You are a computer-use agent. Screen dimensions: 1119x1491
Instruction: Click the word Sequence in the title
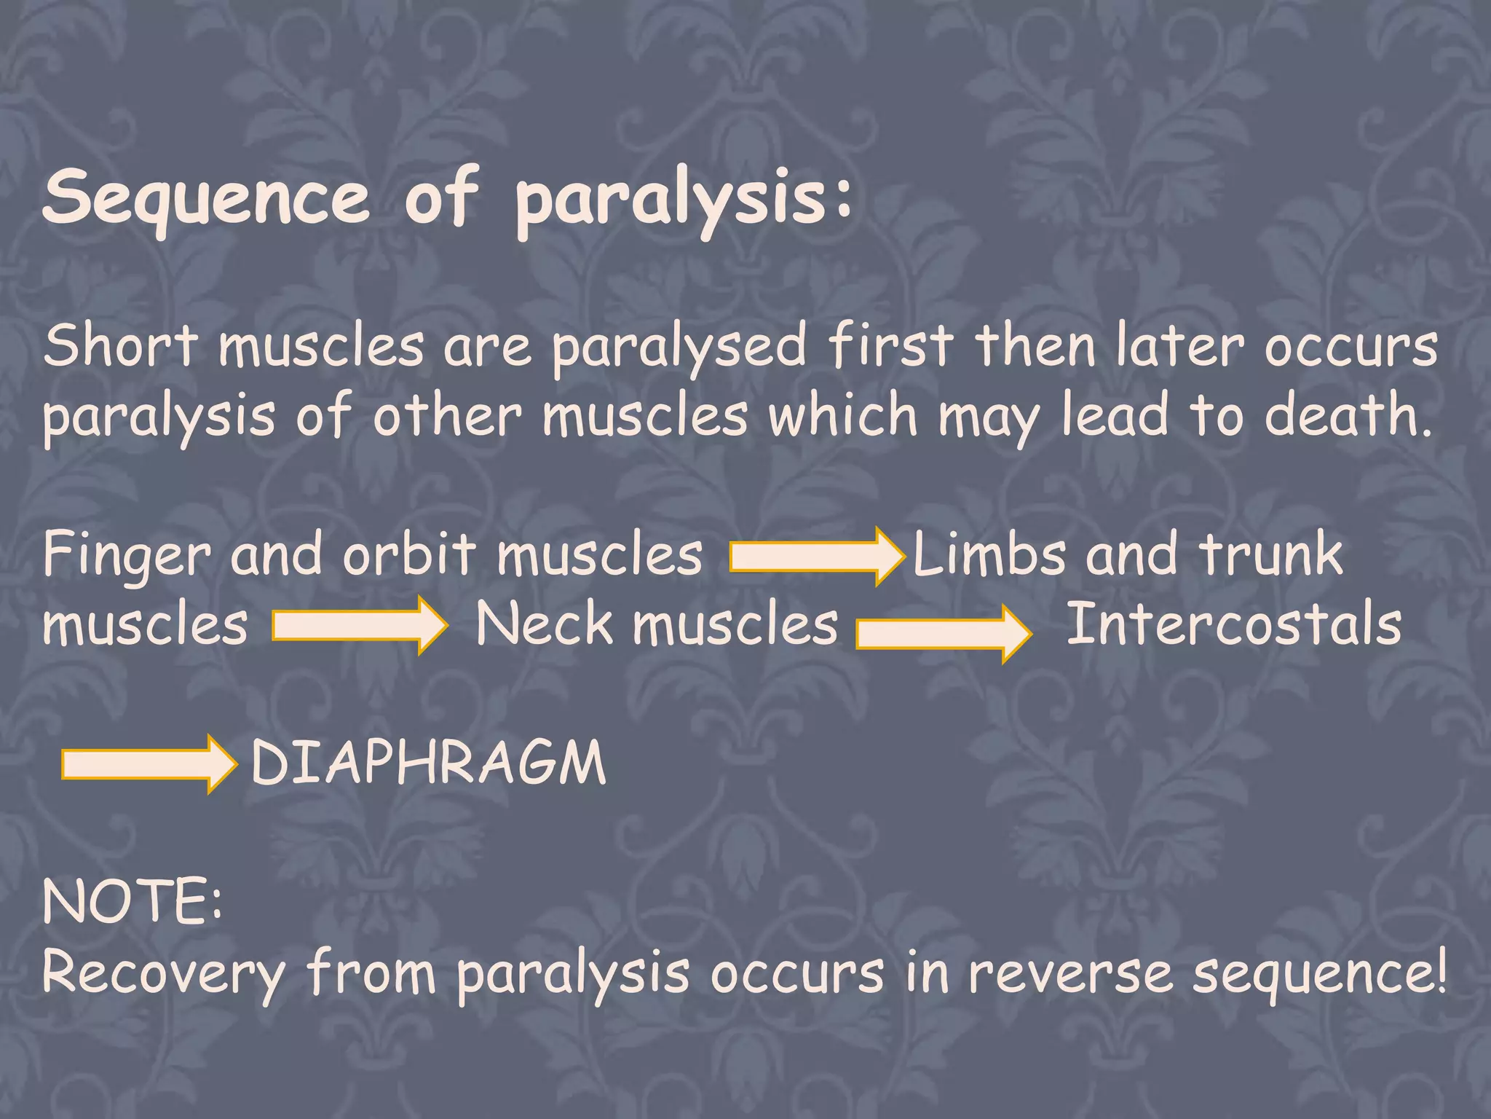click(x=207, y=198)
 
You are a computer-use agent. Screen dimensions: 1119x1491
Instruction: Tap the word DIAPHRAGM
click(x=428, y=763)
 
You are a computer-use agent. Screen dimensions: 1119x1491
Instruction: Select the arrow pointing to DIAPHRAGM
click(x=149, y=763)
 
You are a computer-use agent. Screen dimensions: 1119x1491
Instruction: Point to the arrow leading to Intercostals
click(x=944, y=633)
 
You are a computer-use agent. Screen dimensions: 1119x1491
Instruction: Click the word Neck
click(x=544, y=624)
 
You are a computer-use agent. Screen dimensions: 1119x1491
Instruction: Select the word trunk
click(x=1271, y=554)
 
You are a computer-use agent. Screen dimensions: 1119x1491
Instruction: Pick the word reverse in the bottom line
click(x=1070, y=975)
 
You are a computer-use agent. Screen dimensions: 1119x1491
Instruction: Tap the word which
click(x=843, y=415)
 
